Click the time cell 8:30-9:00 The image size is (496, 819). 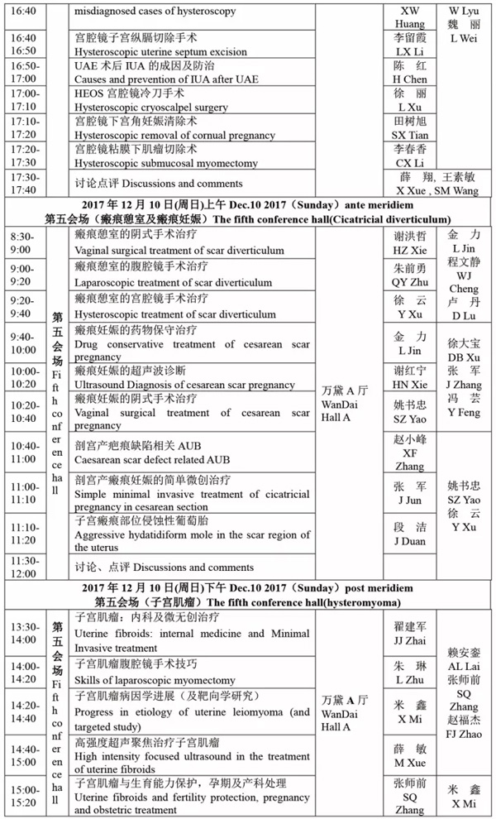[21, 242]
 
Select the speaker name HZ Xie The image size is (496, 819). [410, 249]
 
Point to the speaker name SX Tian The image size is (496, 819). [410, 134]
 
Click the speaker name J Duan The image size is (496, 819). [410, 542]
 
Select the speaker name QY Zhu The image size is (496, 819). [410, 281]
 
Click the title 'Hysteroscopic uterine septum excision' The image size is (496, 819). [160, 52]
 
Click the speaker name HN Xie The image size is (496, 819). [410, 385]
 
